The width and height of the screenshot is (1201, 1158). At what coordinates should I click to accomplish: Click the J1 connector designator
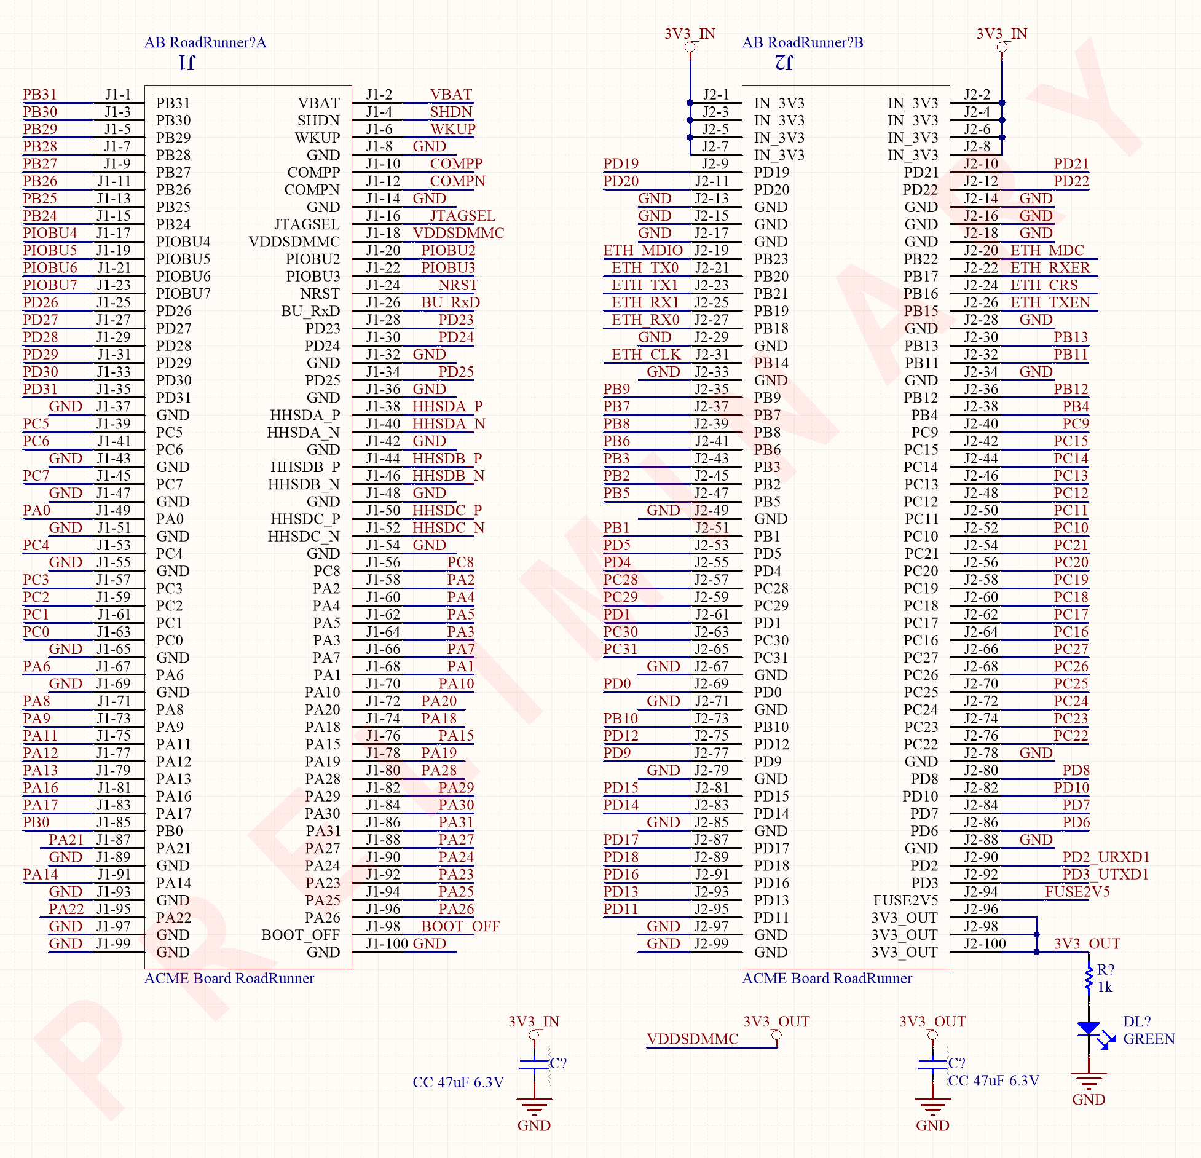(187, 63)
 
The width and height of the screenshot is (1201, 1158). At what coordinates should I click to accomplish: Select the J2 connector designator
(784, 63)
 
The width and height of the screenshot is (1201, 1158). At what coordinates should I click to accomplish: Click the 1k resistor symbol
(1089, 979)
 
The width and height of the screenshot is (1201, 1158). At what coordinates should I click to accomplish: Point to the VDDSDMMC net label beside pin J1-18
(458, 233)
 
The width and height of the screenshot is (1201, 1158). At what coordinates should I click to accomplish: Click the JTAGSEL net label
(462, 216)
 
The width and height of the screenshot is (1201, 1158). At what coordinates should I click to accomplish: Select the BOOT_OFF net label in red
(460, 926)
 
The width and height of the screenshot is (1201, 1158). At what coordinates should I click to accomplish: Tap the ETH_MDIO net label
(643, 250)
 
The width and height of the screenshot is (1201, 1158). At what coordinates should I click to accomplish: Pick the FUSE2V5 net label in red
(1077, 891)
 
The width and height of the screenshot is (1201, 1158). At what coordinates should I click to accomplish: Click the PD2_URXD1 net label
(1106, 857)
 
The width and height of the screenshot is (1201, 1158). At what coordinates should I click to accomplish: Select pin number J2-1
(715, 94)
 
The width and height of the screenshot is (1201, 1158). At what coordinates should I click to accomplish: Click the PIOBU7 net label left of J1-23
(50, 285)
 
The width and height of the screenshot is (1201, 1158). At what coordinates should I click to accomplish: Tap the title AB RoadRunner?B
(803, 42)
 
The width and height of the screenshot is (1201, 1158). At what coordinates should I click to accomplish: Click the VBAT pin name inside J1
(318, 103)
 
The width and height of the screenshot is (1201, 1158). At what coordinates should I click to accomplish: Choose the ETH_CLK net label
(646, 355)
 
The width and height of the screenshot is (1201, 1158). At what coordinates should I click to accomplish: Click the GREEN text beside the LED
(1149, 1039)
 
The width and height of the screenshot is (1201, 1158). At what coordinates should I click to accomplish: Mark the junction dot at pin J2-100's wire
(1037, 952)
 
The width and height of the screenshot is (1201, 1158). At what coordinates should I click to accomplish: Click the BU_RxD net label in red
(451, 302)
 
